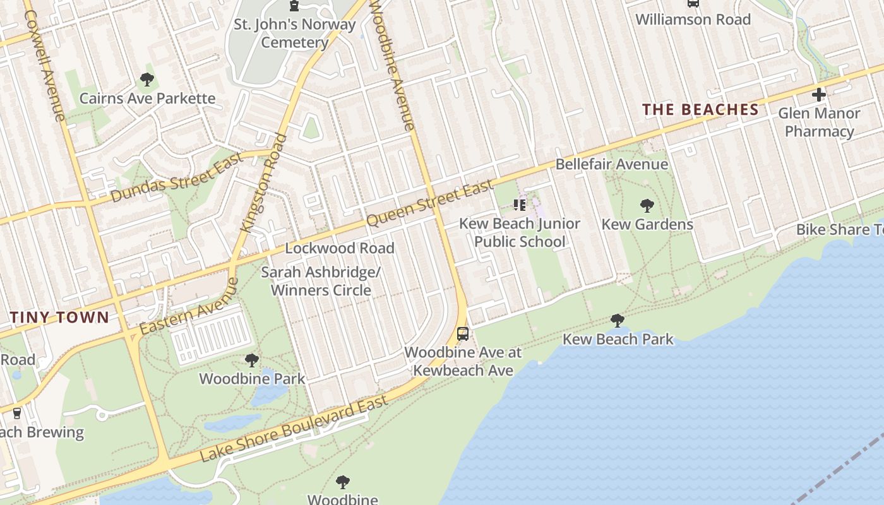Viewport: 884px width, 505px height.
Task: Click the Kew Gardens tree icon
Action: (647, 206)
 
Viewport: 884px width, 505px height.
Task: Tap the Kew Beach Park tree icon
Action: (618, 321)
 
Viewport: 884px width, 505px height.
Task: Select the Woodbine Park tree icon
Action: (252, 360)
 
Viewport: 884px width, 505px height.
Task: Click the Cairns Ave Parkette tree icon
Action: (147, 80)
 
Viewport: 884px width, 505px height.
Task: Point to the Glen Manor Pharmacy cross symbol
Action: (819, 95)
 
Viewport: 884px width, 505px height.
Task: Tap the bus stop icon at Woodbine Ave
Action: (463, 333)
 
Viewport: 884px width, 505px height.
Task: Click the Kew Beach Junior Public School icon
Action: (520, 205)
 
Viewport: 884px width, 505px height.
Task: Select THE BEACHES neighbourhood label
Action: (700, 110)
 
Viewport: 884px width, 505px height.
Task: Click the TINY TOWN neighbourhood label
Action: (59, 317)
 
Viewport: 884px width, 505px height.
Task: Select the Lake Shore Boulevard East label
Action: (294, 429)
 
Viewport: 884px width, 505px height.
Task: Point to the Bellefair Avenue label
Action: (611, 165)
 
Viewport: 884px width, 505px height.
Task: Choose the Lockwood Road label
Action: (340, 248)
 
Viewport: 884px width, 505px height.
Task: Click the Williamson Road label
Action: (693, 20)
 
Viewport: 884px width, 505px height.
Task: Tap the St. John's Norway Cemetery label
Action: (294, 34)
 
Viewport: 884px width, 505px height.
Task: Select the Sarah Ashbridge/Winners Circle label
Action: (321, 282)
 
